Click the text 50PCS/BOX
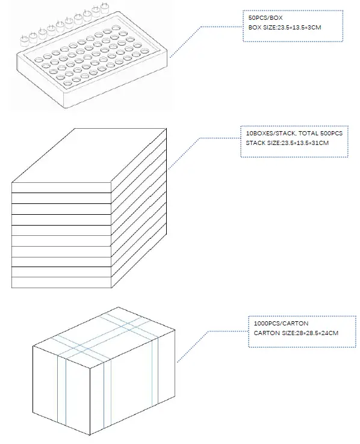pyautogui.click(x=265, y=18)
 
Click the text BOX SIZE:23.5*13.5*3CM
pyautogui.click(x=285, y=28)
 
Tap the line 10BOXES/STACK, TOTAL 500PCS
pyautogui.click(x=294, y=134)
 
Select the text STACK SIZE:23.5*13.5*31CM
pyautogui.click(x=287, y=143)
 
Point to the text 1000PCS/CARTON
pyautogui.click(x=281, y=323)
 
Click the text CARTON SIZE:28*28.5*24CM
pyautogui.click(x=296, y=333)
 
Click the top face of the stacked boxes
pyautogui.click(x=89, y=155)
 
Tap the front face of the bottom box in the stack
pyautogui.click(x=61, y=282)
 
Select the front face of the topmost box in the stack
pyautogui.click(x=61, y=188)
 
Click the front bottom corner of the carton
pyautogui.click(x=90, y=435)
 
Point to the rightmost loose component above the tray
pyautogui.click(x=105, y=8)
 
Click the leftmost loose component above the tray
pyautogui.click(x=25, y=42)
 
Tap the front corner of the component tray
pyautogui.click(x=65, y=108)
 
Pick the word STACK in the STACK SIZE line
pyautogui.click(x=255, y=143)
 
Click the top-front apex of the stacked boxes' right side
pyautogui.click(x=111, y=183)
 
